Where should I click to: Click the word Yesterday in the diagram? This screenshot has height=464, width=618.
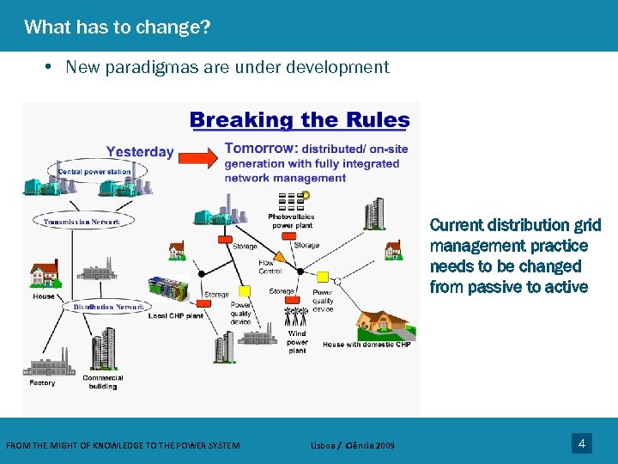click(x=140, y=152)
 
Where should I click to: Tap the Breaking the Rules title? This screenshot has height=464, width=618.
click(x=299, y=120)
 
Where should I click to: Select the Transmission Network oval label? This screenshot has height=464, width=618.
click(x=82, y=222)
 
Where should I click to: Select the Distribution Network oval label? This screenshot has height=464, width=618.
click(x=108, y=307)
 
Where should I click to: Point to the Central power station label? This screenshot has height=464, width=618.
click(x=94, y=172)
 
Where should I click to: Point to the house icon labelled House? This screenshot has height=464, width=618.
click(x=43, y=273)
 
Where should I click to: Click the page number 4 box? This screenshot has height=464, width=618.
click(x=581, y=443)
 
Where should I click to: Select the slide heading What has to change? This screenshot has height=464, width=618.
click(x=118, y=27)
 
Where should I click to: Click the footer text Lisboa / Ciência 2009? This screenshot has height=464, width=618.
click(x=353, y=445)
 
